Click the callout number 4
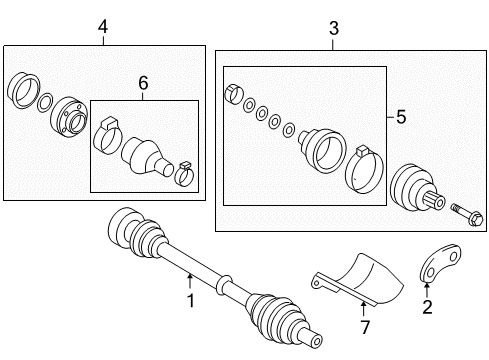click(103, 27)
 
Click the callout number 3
click(334, 28)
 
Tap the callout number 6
click(143, 83)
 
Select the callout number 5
click(401, 117)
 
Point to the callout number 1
click(191, 301)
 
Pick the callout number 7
click(365, 327)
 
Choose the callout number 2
click(427, 307)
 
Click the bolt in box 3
click(467, 215)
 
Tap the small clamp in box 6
click(185, 173)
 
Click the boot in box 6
click(147, 156)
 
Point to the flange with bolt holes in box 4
click(69, 116)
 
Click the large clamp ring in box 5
click(364, 169)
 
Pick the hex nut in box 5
click(234, 94)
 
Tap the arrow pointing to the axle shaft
click(190, 281)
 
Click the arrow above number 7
click(363, 309)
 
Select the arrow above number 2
click(427, 289)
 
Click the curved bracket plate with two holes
click(439, 263)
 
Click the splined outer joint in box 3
click(417, 187)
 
